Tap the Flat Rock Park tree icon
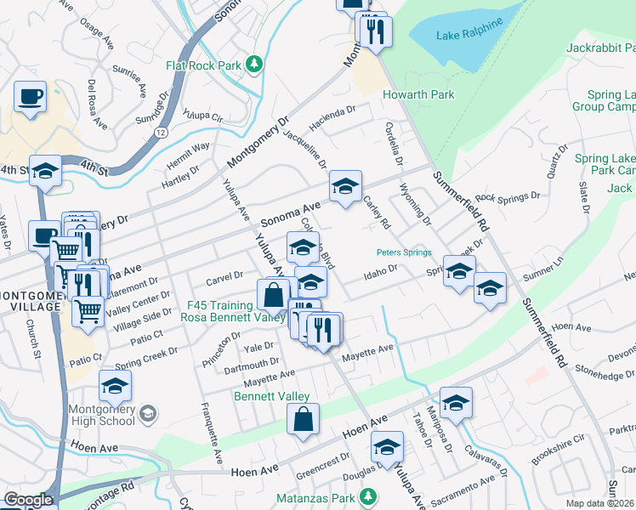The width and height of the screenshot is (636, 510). coord(253,64)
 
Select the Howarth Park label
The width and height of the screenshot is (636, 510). coord(418,94)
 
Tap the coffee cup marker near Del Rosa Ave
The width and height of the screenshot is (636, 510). coord(30,97)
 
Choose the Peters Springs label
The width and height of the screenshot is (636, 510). coord(405,252)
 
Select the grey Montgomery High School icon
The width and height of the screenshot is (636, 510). coord(147,413)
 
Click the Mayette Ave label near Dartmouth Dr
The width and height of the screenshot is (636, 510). coord(270,375)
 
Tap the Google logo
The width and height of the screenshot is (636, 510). coord(27,500)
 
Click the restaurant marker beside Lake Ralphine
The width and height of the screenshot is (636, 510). coord(373,32)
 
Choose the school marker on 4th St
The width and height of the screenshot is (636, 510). coord(45,170)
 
